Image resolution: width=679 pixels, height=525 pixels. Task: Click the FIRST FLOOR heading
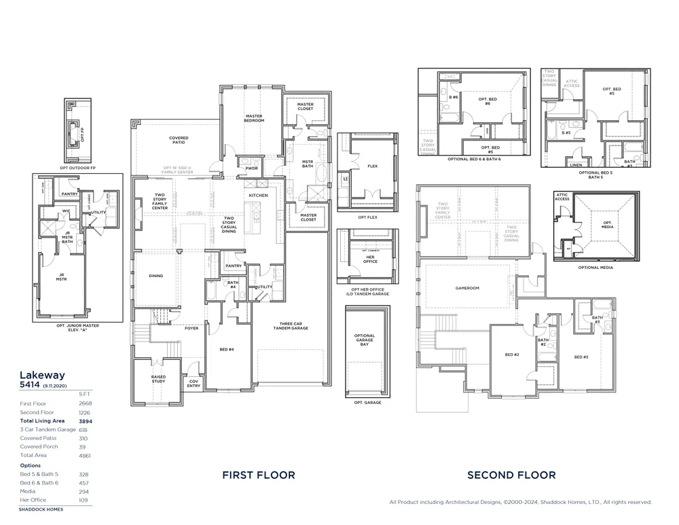(x=259, y=475)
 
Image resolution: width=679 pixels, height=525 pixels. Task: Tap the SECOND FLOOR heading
(x=511, y=475)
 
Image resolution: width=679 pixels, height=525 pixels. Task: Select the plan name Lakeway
(x=42, y=375)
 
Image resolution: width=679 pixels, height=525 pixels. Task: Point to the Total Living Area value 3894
(x=86, y=421)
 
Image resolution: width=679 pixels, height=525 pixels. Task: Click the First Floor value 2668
(x=86, y=403)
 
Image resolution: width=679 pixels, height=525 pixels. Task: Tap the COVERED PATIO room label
(x=179, y=140)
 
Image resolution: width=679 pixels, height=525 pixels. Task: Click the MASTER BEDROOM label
(x=254, y=118)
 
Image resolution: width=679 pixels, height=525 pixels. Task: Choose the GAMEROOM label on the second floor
(x=467, y=288)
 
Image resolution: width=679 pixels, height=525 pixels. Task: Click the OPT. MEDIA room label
(x=607, y=225)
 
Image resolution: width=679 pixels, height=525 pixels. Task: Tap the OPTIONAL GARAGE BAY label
(x=365, y=340)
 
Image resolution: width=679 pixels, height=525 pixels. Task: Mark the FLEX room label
(x=372, y=165)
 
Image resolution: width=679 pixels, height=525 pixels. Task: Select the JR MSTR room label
(x=61, y=278)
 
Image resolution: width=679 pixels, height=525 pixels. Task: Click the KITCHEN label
(x=258, y=196)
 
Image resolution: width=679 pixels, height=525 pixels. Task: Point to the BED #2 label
(x=512, y=355)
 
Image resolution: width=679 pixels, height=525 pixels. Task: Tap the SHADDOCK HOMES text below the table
(x=41, y=509)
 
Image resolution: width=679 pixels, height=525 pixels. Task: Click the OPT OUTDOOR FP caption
(x=78, y=167)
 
